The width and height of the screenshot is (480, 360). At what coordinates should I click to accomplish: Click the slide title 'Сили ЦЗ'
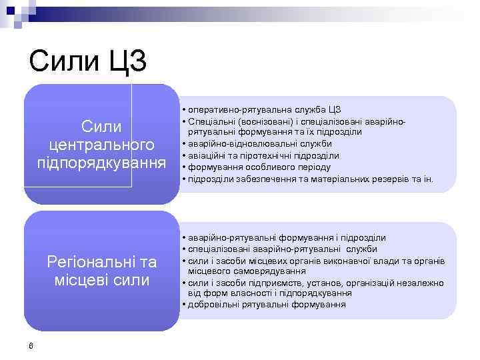coord(87,62)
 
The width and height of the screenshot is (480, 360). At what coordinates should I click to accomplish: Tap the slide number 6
coord(31,345)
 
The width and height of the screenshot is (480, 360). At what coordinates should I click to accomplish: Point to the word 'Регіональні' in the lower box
coord(83,261)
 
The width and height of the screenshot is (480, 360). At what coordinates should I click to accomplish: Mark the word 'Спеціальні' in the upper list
coord(209,121)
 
